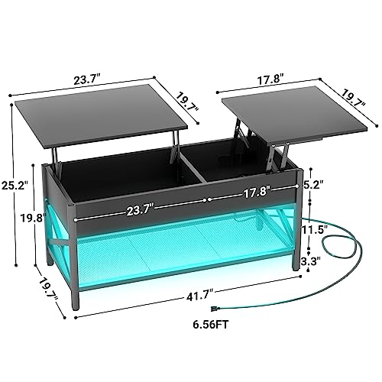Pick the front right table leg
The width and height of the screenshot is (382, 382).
(x=296, y=244)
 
